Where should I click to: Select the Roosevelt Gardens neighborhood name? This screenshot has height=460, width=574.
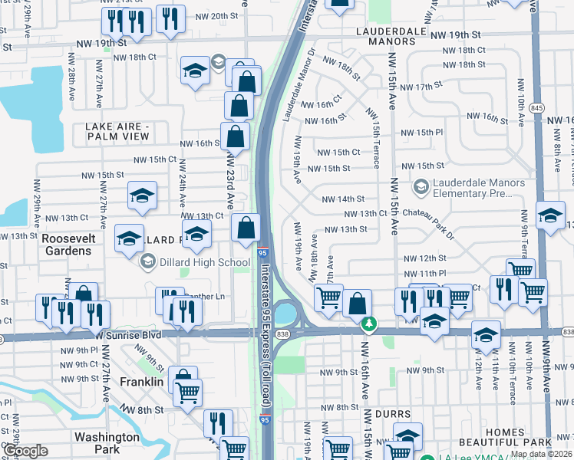[69, 245]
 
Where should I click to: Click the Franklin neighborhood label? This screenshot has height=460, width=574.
[141, 381]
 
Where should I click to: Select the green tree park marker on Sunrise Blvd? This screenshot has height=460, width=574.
[369, 324]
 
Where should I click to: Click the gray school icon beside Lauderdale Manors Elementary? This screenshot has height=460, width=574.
[421, 186]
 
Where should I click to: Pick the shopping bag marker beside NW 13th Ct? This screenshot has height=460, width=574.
[246, 228]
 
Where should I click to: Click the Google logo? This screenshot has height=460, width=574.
[25, 451]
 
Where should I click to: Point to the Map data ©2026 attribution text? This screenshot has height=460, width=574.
[541, 454]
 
